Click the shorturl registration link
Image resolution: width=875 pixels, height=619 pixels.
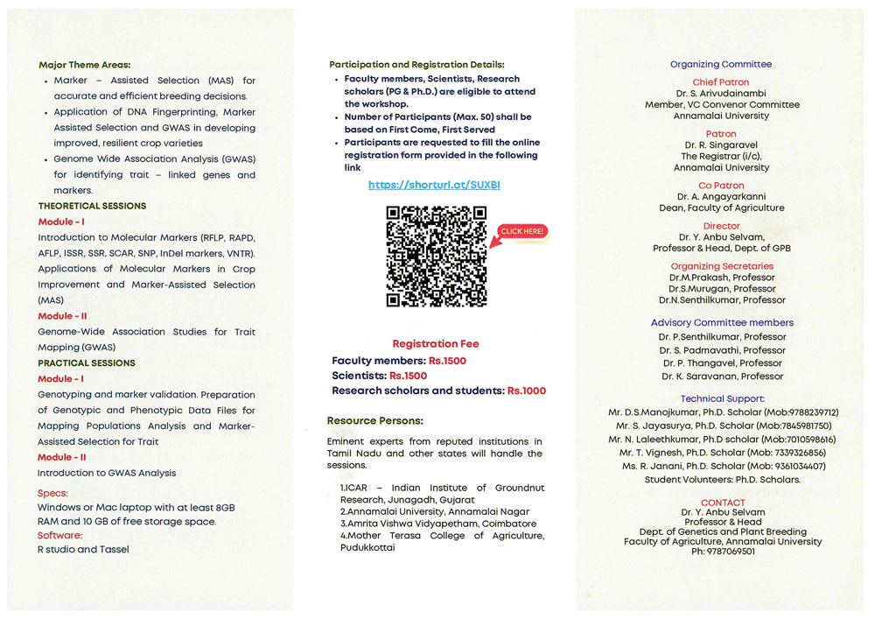tap(434, 186)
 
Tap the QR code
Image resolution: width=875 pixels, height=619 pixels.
tap(436, 256)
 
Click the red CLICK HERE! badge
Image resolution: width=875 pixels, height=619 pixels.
tap(522, 231)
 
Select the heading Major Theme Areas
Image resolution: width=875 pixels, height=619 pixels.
tap(84, 65)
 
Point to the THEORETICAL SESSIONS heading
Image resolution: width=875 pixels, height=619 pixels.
tap(92, 206)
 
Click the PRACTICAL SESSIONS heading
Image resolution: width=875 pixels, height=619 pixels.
tap(87, 362)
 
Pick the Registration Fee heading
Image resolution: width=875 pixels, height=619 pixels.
tap(436, 344)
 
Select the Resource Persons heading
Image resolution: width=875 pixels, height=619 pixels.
tap(374, 421)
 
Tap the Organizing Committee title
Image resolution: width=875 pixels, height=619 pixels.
tap(721, 64)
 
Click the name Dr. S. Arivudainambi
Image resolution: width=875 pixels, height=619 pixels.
tap(721, 93)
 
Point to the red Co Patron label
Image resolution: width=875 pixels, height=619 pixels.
tap(721, 186)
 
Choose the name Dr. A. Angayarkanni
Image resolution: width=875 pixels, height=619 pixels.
tap(721, 197)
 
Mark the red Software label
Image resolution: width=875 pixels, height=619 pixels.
tap(59, 535)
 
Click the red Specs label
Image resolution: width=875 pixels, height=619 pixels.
tap(52, 493)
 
